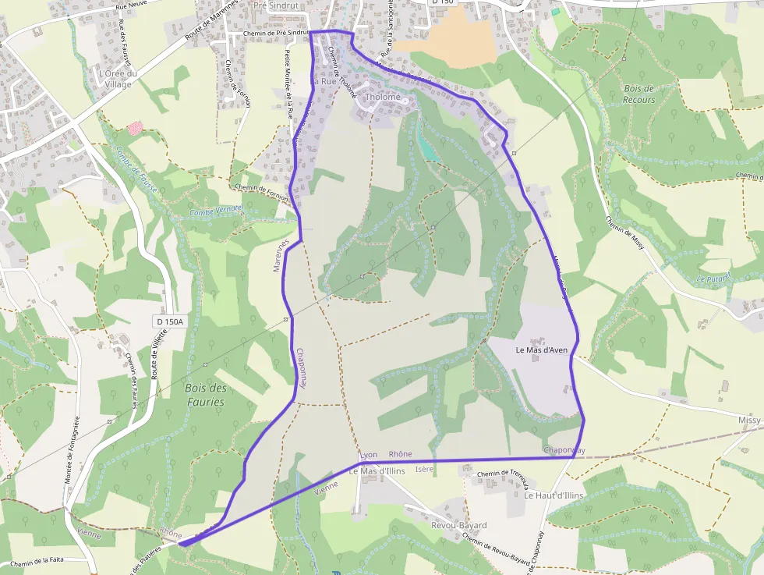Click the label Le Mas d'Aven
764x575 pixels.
pyautogui.click(x=542, y=350)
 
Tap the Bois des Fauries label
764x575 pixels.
pyautogui.click(x=206, y=395)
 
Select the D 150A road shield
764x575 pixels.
pyautogui.click(x=169, y=321)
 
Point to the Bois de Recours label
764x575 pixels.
pyautogui.click(x=639, y=94)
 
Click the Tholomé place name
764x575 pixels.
pyautogui.click(x=383, y=98)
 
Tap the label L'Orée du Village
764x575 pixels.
pyautogui.click(x=118, y=79)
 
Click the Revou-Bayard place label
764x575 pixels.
pyautogui.click(x=458, y=525)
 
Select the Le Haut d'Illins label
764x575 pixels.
pyautogui.click(x=554, y=495)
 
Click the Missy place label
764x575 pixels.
pyautogui.click(x=748, y=420)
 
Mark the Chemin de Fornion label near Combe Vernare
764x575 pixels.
pyautogui.click(x=261, y=192)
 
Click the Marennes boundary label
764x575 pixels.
pyautogui.click(x=281, y=255)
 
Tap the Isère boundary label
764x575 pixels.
pyautogui.click(x=424, y=469)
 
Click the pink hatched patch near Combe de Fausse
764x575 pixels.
pyautogui.click(x=135, y=127)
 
